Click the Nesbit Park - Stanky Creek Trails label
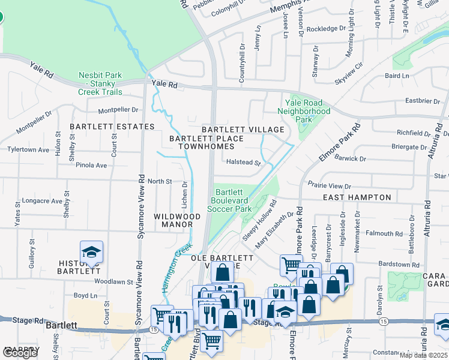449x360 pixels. click(x=100, y=83)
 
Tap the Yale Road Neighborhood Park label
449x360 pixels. click(x=304, y=111)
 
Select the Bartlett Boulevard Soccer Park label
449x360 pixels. click(x=229, y=200)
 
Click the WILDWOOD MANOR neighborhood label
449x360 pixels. click(x=177, y=220)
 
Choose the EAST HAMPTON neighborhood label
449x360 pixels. click(x=357, y=197)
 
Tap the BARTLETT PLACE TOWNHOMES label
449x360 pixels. click(x=206, y=142)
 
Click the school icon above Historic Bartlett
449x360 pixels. click(x=92, y=252)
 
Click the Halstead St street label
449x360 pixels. click(x=243, y=162)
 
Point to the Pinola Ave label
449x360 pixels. click(x=91, y=165)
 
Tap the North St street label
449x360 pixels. click(x=160, y=181)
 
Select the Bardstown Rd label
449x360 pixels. click(x=399, y=265)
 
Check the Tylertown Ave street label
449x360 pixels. click(x=28, y=149)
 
